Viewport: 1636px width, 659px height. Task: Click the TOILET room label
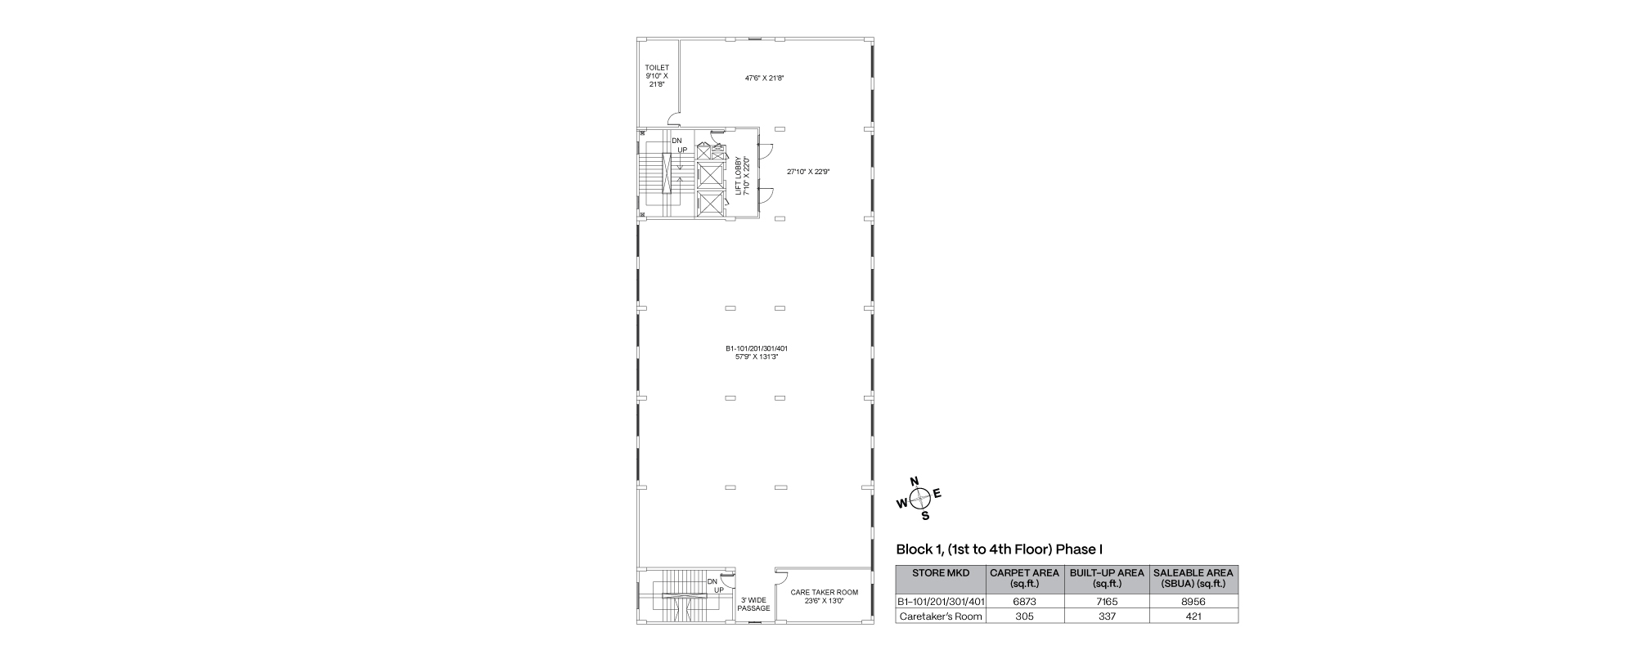pos(657,67)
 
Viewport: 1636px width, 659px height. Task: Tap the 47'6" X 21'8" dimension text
pos(764,78)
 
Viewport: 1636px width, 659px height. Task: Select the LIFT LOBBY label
pos(739,176)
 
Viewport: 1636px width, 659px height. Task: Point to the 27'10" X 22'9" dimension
pos(808,172)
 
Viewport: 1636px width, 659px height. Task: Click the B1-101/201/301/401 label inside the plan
pos(757,348)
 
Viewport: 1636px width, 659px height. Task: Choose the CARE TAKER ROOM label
pos(825,592)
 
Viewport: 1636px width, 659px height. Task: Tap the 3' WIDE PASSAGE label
pos(753,604)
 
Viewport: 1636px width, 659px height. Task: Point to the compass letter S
pos(925,516)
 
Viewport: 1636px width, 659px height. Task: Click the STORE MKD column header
pos(941,573)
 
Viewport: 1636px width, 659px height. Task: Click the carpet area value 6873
pos(1025,601)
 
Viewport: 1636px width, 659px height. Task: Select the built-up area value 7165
pos(1107,601)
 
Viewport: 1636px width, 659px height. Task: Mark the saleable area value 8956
pos(1193,601)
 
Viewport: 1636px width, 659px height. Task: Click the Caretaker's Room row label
pos(941,616)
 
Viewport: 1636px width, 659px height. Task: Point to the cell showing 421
pos(1193,616)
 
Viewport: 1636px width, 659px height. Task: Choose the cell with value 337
pos(1107,616)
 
